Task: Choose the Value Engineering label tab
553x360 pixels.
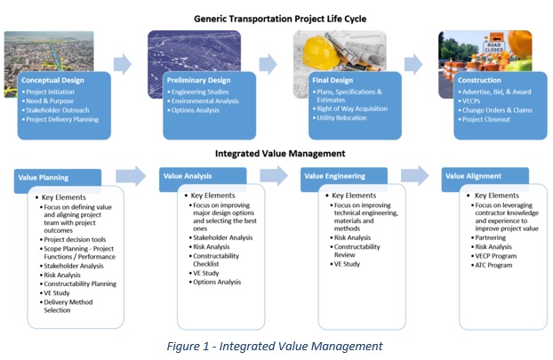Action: pyautogui.click(x=334, y=176)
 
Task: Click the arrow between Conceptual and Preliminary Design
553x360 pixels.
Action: pyautogui.click(x=124, y=63)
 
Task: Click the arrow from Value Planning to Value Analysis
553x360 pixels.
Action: pyautogui.click(x=132, y=177)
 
